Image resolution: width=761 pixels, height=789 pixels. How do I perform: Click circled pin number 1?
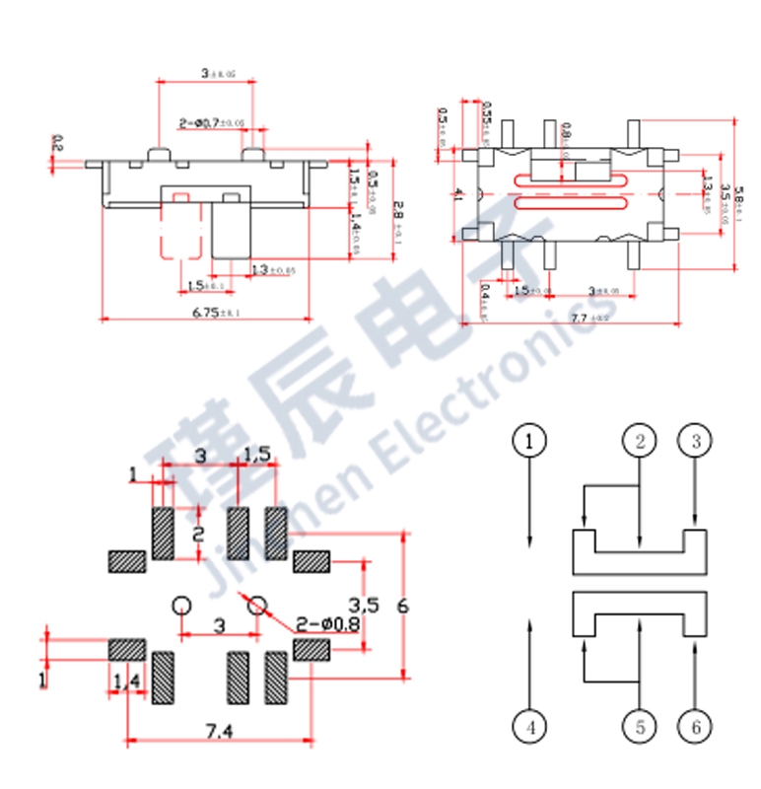[x=530, y=441]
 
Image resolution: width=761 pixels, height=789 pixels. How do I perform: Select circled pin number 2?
[x=640, y=441]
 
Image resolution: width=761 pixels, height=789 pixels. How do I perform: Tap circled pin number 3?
[x=696, y=441]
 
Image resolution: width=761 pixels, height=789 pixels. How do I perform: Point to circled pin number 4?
[x=530, y=728]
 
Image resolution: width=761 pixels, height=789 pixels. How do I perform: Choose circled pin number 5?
[x=640, y=728]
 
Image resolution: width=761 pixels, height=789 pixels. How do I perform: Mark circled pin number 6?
[x=696, y=728]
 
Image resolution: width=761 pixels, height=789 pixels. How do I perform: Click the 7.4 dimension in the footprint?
[x=220, y=731]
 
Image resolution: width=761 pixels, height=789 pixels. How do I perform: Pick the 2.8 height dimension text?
[x=396, y=210]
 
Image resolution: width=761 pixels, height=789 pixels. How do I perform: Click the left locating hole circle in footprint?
[x=181, y=606]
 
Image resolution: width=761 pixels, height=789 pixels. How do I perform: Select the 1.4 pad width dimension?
[x=126, y=681]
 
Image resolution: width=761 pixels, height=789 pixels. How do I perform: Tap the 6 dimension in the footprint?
[x=401, y=606]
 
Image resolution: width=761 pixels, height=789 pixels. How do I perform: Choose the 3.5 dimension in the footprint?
[x=364, y=604]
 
